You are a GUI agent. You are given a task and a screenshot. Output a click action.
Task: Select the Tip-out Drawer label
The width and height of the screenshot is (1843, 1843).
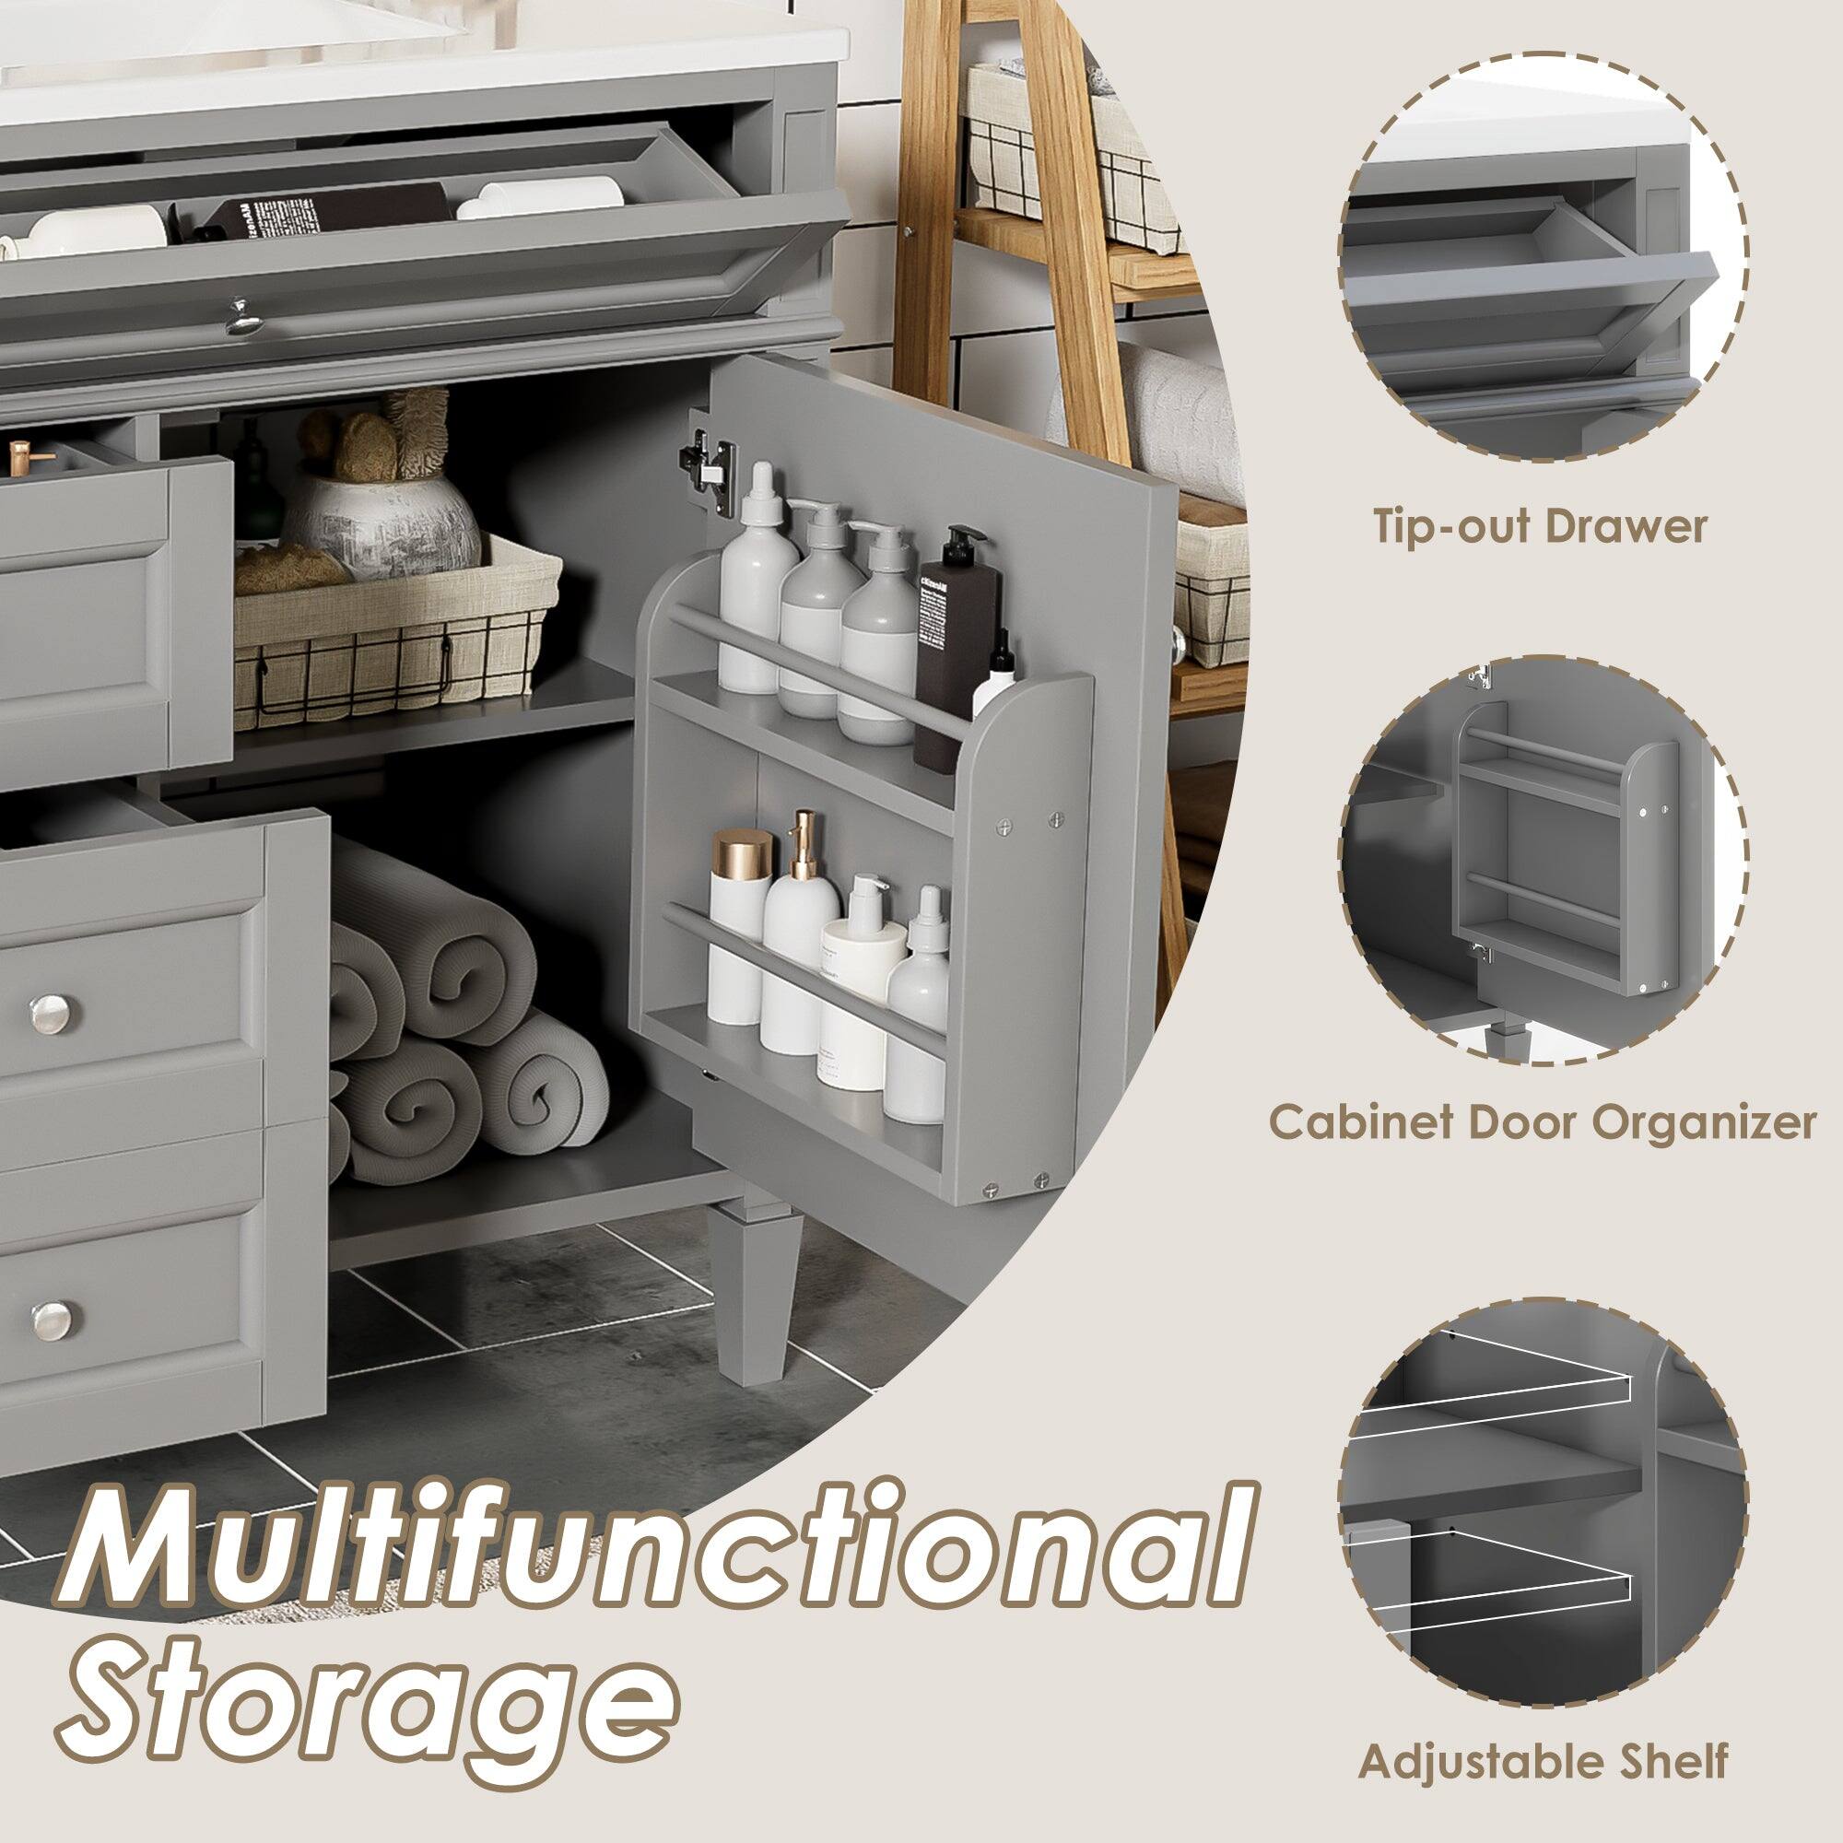(1539, 525)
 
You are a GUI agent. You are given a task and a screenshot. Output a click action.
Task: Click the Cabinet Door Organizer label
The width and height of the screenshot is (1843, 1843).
(1541, 1122)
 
